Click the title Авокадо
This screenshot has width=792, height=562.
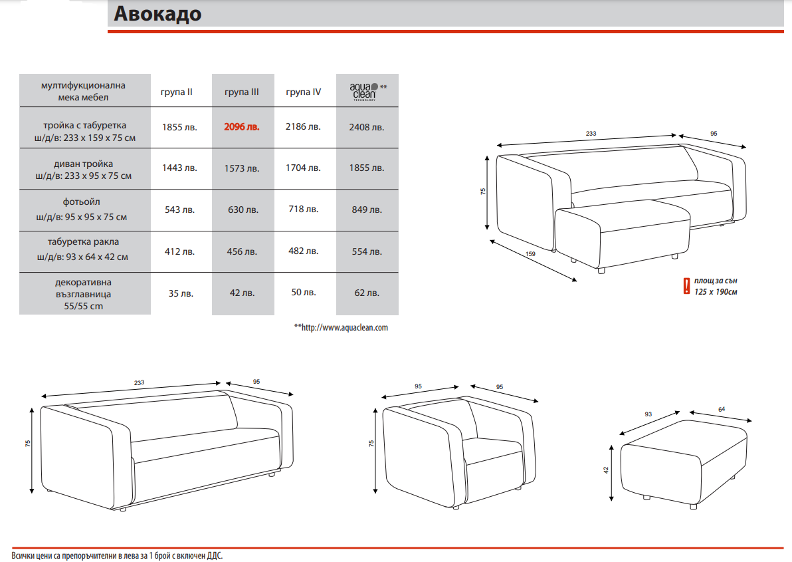point(157,14)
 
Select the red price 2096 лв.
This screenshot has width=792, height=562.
point(242,127)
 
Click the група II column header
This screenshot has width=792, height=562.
point(176,92)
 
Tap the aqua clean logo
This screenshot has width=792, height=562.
point(365,92)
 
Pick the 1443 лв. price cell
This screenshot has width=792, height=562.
point(179,168)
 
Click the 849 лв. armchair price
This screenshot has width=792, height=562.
point(367,210)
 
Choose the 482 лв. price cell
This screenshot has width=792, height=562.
point(303,251)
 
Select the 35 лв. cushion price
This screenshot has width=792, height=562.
point(180,293)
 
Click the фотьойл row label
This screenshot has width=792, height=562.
point(81,202)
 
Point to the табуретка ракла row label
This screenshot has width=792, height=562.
point(83,241)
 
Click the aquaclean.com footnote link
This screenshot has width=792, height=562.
point(341,327)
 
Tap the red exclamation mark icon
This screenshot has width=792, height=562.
point(686,286)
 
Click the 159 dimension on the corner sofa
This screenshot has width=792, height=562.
point(530,253)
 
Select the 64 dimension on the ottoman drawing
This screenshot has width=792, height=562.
point(722,410)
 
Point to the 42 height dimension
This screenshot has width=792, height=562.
point(606,470)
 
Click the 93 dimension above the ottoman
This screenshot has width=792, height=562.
point(648,414)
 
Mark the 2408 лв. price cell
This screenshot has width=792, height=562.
point(367,127)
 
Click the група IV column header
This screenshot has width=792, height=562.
point(303,92)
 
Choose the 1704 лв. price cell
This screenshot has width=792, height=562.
point(303,168)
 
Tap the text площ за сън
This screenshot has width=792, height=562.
point(716,281)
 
